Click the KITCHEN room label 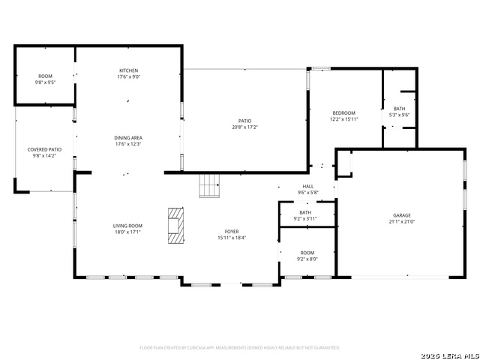pos(128,70)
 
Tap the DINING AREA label pos(128,138)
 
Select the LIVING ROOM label pos(127,226)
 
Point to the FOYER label pos(232,231)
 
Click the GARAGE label pos(401,215)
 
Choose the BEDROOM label pos(343,112)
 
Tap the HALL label pos(308,187)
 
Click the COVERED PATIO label pos(44,150)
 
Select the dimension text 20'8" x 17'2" pos(245,127)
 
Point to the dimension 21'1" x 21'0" pos(401,222)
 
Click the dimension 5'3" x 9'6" pos(399,115)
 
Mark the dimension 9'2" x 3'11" pos(305,219)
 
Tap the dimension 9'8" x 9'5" pos(45,82)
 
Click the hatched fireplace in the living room pos(175,224)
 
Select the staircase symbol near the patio pos(209,184)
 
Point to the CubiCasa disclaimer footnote pos(240,348)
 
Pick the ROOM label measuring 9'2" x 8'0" pos(307,253)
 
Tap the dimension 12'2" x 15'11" pos(343,119)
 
